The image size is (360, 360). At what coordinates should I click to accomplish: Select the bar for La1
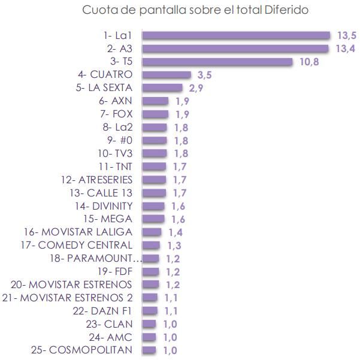pos(236,36)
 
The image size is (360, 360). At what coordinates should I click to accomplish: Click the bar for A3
pos(235,49)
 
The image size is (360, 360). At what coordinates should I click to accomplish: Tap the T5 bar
pos(217,62)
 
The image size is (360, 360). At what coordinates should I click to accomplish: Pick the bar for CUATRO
pos(166,75)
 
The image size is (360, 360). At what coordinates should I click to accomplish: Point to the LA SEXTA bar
pos(162,88)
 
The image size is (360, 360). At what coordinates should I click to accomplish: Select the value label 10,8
pos(308,62)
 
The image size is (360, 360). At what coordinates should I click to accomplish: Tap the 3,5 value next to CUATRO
pos(204,75)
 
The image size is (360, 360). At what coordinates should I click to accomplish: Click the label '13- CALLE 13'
pos(101,192)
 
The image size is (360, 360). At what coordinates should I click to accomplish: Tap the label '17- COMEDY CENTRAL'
pos(76,245)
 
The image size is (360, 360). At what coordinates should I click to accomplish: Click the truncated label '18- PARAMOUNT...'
pos(96,258)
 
